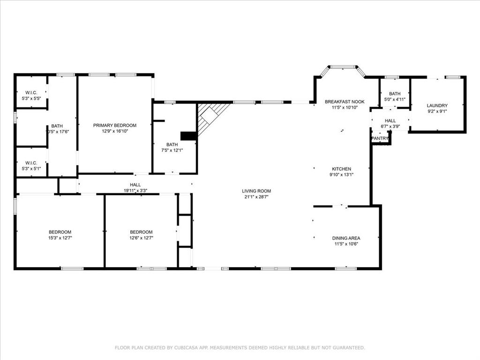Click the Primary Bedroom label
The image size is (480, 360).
[115, 125]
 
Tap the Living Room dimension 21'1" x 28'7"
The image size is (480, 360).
[256, 197]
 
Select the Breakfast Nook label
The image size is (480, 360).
[345, 102]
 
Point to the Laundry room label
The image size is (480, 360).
[437, 105]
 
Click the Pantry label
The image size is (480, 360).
[380, 139]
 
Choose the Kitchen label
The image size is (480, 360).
[342, 169]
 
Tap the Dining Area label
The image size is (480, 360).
[346, 238]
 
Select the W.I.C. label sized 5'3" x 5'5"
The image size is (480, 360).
[31, 93]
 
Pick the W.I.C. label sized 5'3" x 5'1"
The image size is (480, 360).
[31, 163]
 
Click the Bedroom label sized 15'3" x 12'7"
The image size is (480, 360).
[60, 232]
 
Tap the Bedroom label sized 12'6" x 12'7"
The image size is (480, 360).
[141, 232]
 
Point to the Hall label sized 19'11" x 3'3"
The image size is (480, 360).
[135, 185]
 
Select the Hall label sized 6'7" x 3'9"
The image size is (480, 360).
[390, 121]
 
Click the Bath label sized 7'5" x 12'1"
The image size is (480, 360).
[172, 144]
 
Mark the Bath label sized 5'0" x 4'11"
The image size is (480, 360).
[395, 94]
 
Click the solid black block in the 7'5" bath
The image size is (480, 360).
[188, 136]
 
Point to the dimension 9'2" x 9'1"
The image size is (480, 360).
[437, 112]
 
